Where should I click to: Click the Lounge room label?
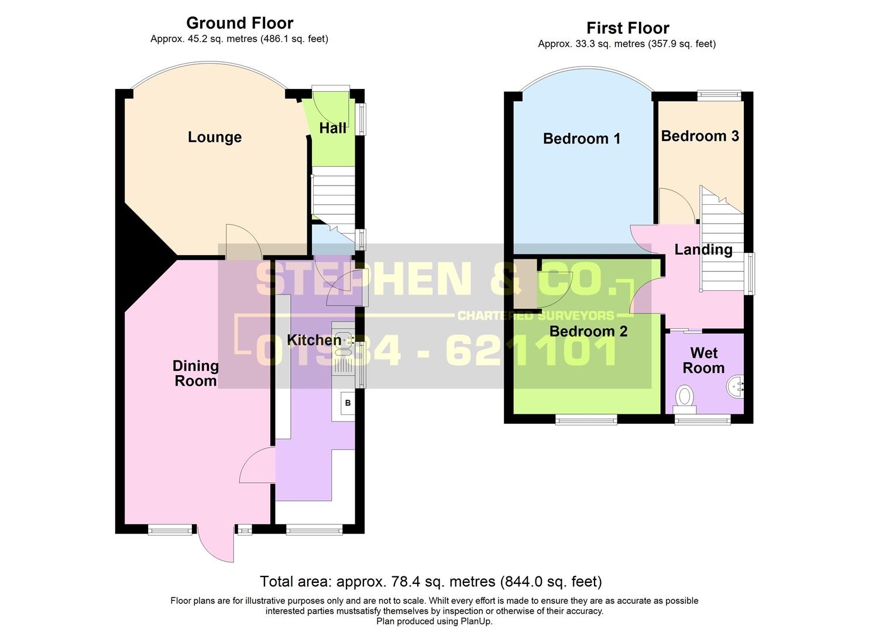click(214, 137)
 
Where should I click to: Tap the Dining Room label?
click(195, 373)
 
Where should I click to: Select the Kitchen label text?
click(314, 340)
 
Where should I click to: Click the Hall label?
click(332, 128)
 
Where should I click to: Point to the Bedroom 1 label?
click(581, 139)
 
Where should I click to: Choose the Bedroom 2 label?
click(588, 331)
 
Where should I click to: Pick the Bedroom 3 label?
click(700, 136)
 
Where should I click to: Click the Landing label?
click(703, 250)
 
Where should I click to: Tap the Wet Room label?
click(703, 360)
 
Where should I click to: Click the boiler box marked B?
click(348, 403)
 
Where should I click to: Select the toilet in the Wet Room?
click(683, 396)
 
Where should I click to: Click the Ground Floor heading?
click(239, 23)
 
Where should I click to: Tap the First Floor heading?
click(627, 28)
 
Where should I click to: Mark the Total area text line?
click(431, 582)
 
